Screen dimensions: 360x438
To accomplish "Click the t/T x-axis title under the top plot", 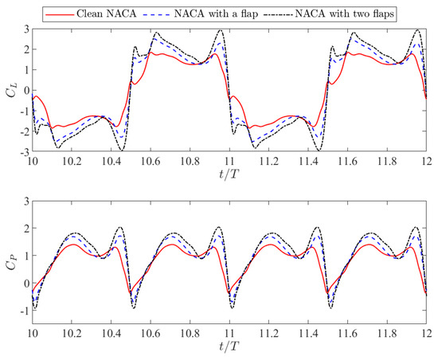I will [x=230, y=171].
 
